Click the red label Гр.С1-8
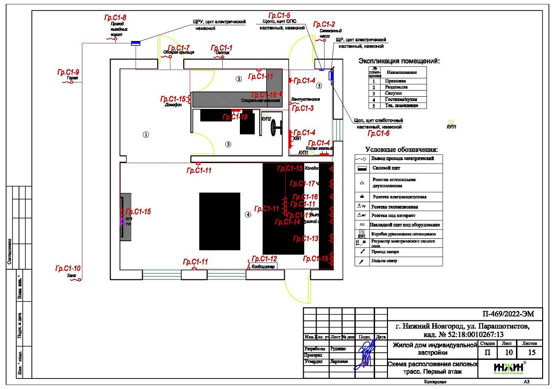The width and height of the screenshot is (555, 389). click(x=115, y=18)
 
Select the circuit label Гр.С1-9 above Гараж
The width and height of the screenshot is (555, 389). click(x=69, y=72)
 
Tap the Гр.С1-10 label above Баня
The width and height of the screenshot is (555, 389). click(x=68, y=268)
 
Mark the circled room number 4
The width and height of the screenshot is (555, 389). click(x=248, y=215)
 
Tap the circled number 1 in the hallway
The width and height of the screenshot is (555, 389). click(x=146, y=135)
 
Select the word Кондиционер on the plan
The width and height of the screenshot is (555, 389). click(x=263, y=266)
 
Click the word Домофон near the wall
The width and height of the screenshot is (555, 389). click(x=174, y=105)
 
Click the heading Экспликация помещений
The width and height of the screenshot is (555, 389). click(x=398, y=61)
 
